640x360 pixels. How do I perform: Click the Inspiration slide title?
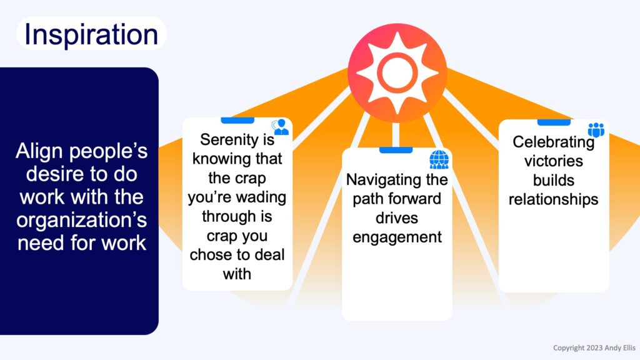pos(91,35)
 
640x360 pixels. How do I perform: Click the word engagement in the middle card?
pos(397,237)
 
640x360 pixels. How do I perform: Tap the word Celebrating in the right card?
pos(553,142)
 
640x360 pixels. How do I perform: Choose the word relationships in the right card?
pos(554,199)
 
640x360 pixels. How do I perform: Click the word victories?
pos(554,161)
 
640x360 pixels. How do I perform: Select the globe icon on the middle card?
pos(439,159)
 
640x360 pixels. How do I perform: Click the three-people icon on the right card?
pos(596,130)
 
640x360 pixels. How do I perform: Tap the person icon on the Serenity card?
pos(281,127)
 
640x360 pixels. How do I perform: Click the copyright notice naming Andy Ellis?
pos(594,347)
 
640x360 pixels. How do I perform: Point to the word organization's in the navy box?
pos(82,221)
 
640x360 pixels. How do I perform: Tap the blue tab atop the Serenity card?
pos(237,121)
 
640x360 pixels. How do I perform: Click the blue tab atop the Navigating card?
pos(396,150)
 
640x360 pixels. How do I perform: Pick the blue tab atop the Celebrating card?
pos(554,122)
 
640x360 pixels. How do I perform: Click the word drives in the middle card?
pos(397,218)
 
